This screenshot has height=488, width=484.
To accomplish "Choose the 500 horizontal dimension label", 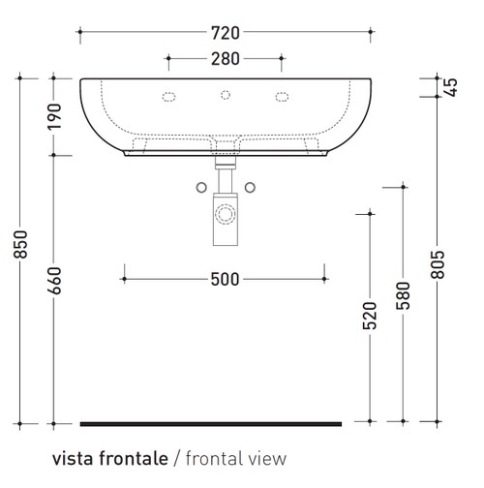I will pyautogui.click(x=225, y=280).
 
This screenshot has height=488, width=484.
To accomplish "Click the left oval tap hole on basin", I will pyautogui.click(x=169, y=96).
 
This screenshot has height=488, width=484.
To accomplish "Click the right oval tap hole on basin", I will pyautogui.click(x=284, y=96).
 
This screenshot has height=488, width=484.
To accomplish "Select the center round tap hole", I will pyautogui.click(x=227, y=95).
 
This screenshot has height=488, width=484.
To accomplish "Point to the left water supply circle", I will pyautogui.click(x=200, y=185).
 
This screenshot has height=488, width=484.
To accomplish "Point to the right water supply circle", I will pyautogui.click(x=250, y=185).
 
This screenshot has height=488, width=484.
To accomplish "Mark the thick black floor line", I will pyautogui.click(x=211, y=423).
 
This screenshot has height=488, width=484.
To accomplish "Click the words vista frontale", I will pyautogui.click(x=110, y=458).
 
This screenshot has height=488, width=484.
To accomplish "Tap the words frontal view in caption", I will pyautogui.click(x=235, y=458).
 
